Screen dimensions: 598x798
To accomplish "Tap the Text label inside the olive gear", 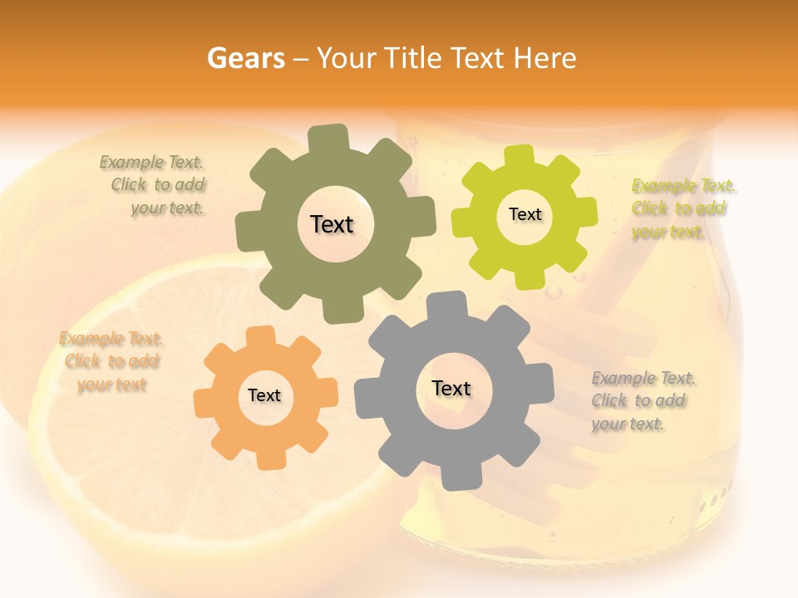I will (x=332, y=224).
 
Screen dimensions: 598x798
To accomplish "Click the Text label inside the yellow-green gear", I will (x=525, y=214).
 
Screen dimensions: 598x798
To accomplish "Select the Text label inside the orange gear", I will (x=264, y=395).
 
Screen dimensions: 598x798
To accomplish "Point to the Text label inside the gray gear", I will (x=451, y=388).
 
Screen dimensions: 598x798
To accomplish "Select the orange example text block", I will (x=111, y=361).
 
